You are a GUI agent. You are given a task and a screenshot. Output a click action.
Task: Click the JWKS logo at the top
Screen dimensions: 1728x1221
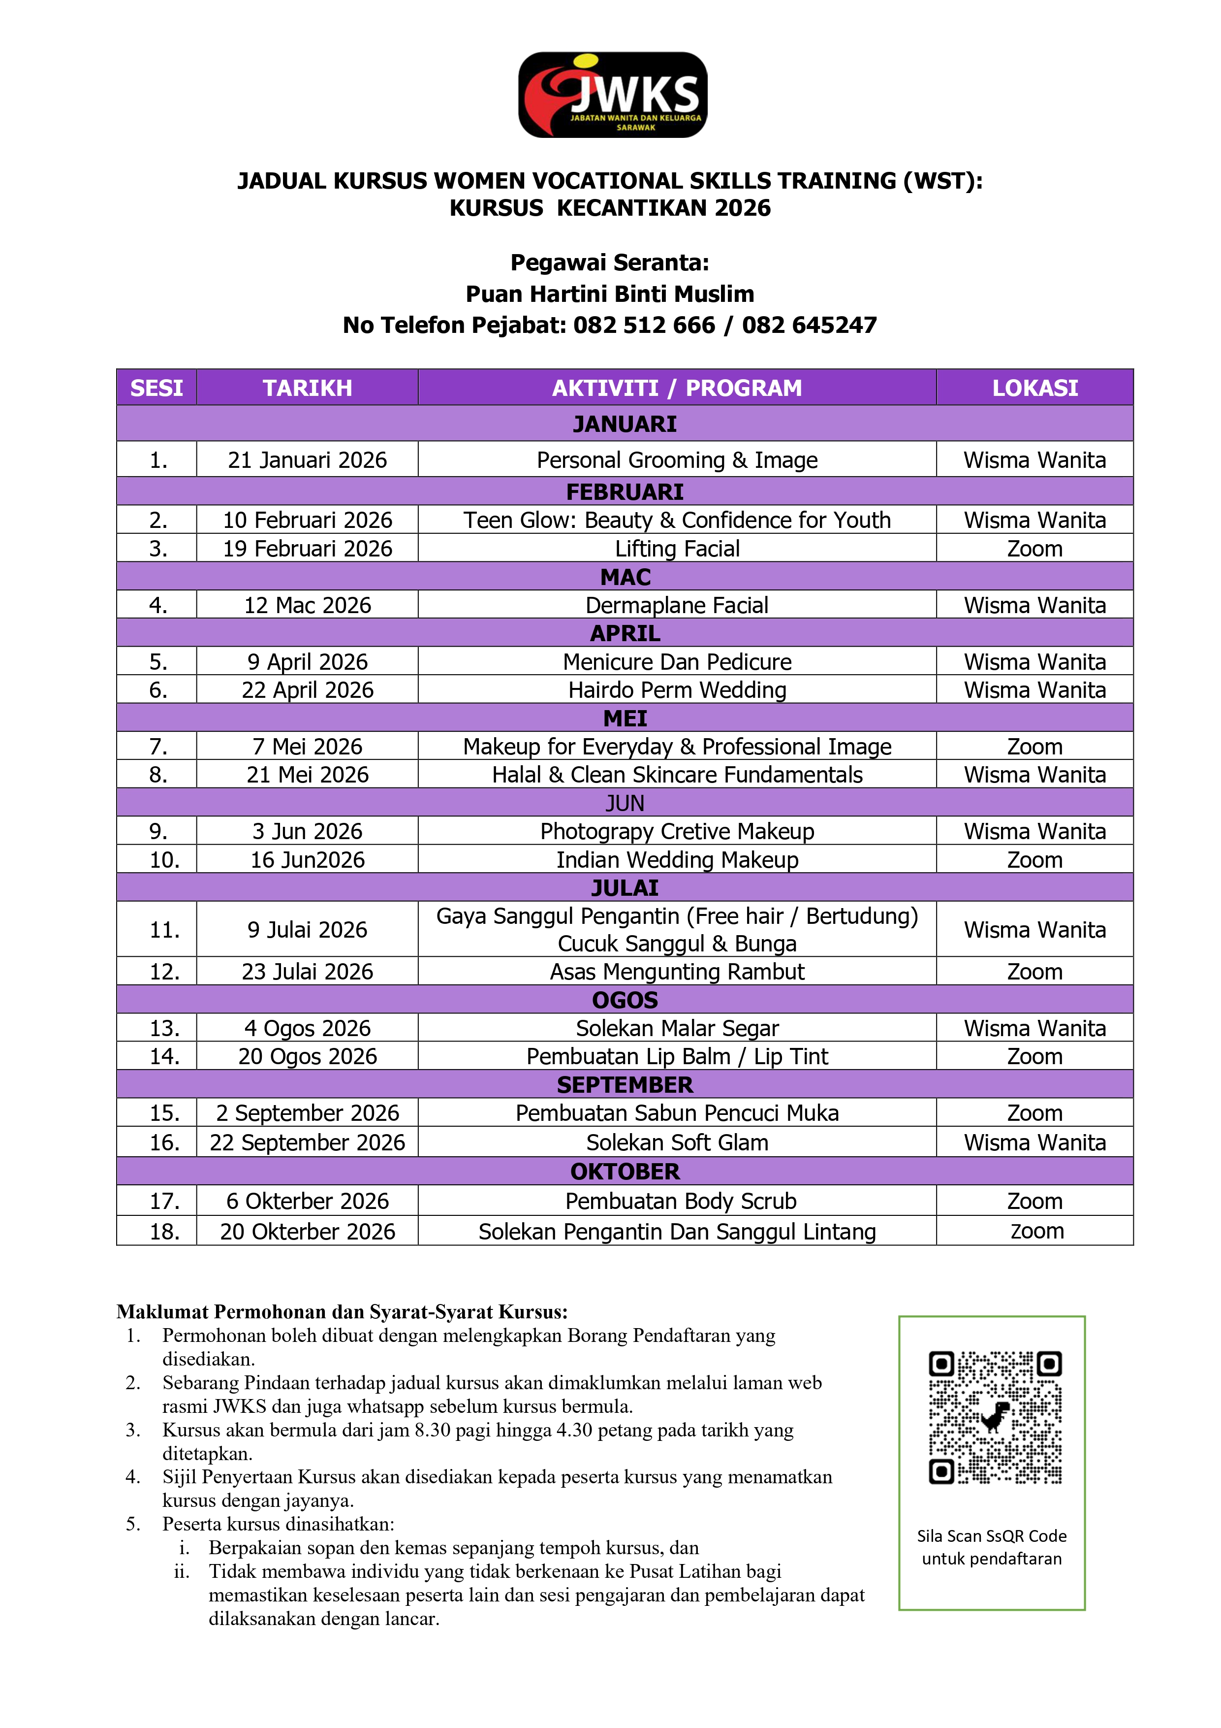coord(612,95)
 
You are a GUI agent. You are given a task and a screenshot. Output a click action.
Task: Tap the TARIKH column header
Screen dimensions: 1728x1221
coord(307,388)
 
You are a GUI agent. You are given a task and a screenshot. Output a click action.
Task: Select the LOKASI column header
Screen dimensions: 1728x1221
coord(1034,388)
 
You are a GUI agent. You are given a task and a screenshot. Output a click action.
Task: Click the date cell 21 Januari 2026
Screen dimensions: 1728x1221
coord(307,460)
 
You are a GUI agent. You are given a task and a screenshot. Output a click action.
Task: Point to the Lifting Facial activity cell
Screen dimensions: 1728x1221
coord(677,549)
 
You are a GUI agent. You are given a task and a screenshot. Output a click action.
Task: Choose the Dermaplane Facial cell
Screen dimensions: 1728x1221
coord(677,605)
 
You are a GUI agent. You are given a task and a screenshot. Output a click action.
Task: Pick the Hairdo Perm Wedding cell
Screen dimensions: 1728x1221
coord(677,690)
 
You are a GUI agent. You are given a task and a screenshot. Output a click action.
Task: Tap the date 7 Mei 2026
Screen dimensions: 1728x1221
coord(307,747)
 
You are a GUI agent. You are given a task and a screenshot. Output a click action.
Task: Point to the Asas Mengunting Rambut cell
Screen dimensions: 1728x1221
coord(677,972)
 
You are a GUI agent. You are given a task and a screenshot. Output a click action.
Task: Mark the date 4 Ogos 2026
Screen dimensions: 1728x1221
coord(307,1028)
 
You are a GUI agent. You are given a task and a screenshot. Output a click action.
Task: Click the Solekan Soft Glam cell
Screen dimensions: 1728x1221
coord(677,1142)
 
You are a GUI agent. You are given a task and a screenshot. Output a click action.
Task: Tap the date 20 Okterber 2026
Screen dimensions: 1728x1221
coord(307,1231)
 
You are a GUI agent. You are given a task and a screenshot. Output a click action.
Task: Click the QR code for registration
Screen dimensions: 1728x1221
coord(995,1418)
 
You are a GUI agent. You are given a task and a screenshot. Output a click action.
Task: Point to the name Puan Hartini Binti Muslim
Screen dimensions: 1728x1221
coord(609,293)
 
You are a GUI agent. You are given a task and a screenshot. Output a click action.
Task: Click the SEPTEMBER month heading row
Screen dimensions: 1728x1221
coord(625,1084)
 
